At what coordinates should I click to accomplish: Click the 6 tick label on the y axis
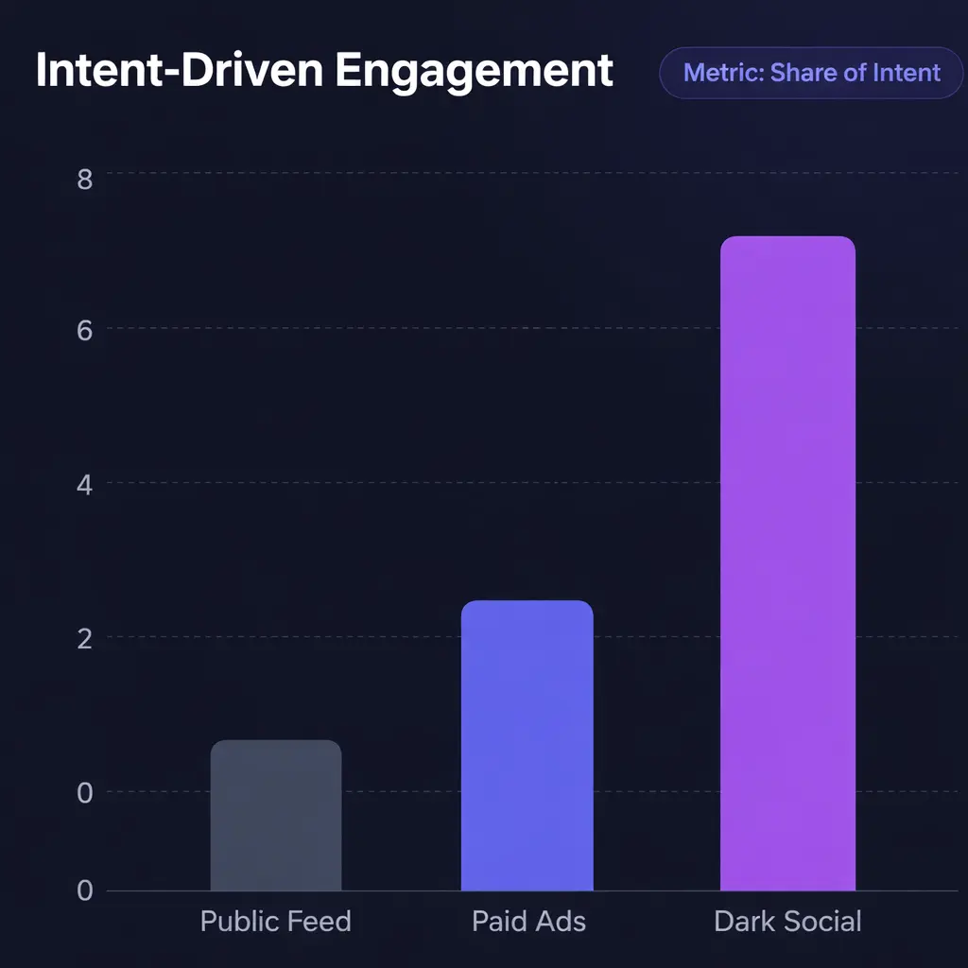[85, 332]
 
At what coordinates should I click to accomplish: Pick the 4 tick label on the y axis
[85, 486]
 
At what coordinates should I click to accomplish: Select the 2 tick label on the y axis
[85, 639]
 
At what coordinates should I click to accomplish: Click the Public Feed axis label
[275, 922]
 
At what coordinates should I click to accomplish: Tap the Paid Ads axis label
[528, 922]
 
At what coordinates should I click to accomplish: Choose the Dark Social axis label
[787, 922]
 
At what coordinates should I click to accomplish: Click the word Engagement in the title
[474, 72]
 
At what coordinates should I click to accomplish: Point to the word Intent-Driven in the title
[180, 72]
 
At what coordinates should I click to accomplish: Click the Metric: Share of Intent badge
[811, 73]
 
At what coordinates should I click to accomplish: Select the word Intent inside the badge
[904, 73]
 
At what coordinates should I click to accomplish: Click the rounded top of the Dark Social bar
[787, 242]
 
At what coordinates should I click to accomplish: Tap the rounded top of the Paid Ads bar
[527, 606]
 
